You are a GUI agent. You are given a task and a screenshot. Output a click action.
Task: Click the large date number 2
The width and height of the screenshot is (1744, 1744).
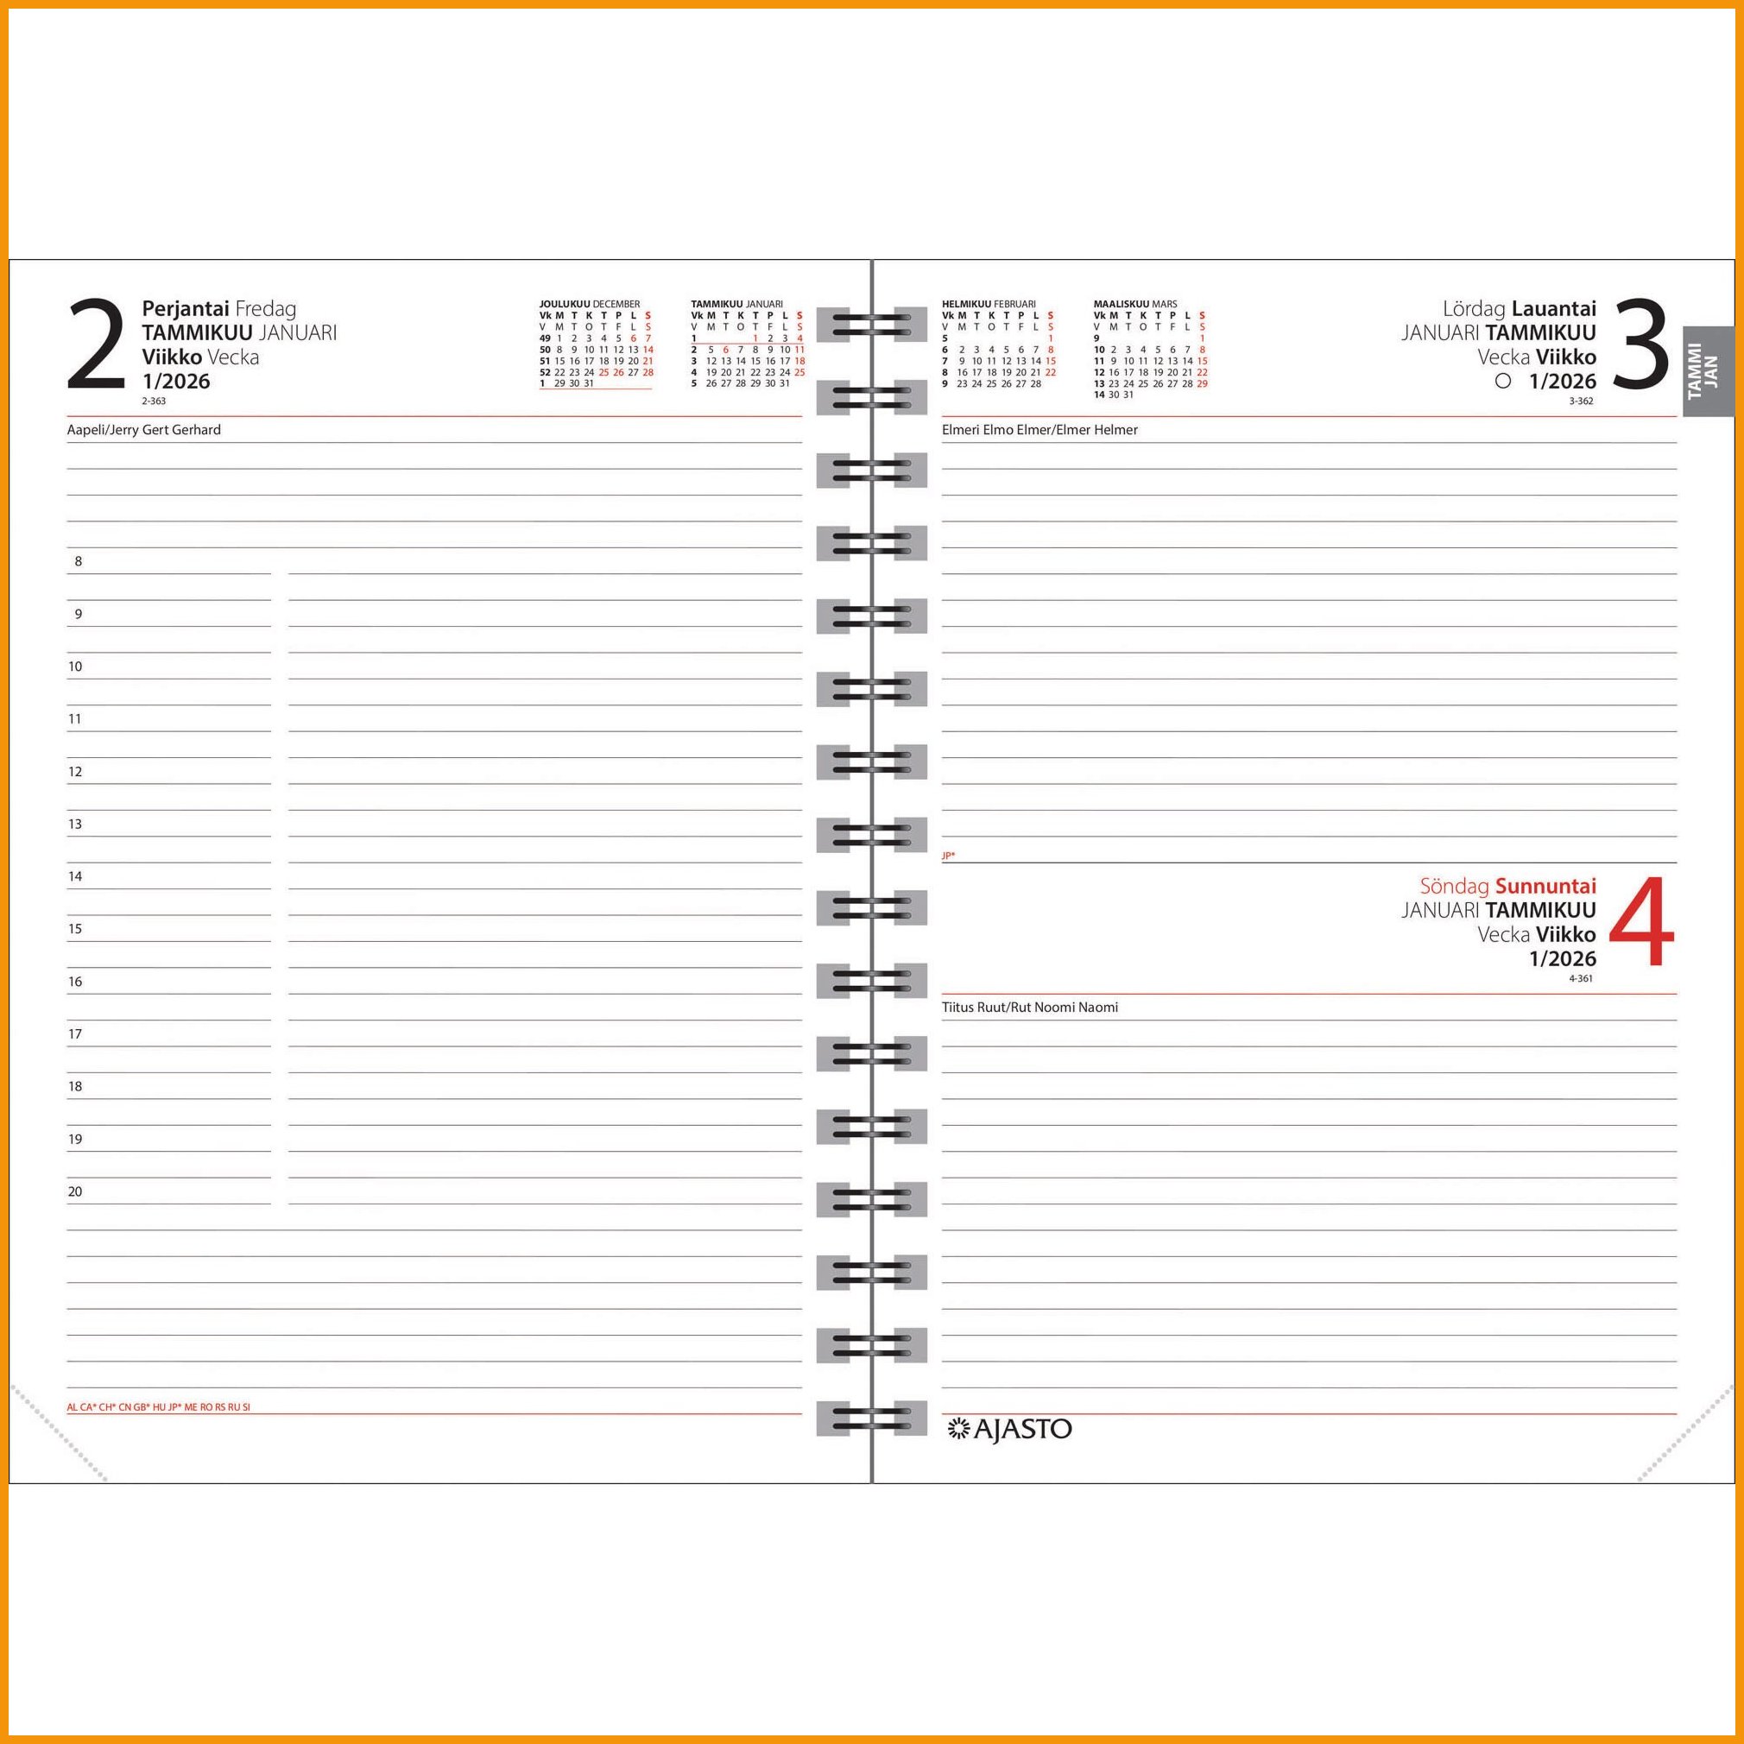(x=97, y=344)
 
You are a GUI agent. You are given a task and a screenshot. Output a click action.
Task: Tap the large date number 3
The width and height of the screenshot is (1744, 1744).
(x=1640, y=344)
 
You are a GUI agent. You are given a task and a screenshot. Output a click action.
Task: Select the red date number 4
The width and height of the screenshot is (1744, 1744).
(x=1642, y=923)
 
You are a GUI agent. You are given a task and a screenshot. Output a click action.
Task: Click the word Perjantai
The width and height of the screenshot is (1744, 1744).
(x=185, y=310)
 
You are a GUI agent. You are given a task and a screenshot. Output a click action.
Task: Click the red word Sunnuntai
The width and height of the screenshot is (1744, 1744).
(x=1545, y=886)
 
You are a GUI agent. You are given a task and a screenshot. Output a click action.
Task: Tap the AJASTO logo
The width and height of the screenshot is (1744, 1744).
(x=1008, y=1429)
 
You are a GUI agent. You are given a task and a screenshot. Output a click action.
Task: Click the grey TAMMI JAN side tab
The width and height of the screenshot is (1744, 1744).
(x=1708, y=370)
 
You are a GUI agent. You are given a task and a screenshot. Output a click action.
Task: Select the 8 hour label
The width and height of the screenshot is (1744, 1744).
(x=79, y=561)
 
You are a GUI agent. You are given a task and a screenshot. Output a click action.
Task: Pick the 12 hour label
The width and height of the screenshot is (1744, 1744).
(x=75, y=772)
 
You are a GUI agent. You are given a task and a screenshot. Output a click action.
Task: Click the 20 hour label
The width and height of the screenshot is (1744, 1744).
(x=75, y=1191)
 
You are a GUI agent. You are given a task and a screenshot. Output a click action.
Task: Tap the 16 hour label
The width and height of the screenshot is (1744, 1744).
(x=75, y=982)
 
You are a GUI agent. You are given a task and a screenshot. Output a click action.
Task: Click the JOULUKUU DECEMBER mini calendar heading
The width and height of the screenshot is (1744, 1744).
(x=590, y=304)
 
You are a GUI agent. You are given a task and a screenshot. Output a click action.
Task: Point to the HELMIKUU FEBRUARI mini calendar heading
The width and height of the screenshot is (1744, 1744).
(x=989, y=304)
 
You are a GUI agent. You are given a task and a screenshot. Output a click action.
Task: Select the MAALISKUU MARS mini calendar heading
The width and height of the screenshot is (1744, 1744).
(x=1135, y=304)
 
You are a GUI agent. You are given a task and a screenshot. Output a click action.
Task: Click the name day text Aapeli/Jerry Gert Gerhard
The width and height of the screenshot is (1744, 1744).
(x=143, y=430)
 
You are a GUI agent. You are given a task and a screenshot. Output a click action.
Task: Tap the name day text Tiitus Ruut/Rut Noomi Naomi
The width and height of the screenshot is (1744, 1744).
(x=1030, y=1008)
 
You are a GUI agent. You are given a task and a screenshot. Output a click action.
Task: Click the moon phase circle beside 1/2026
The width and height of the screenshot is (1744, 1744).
(x=1503, y=381)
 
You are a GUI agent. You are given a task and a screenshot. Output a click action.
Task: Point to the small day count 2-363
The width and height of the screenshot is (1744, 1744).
(x=154, y=401)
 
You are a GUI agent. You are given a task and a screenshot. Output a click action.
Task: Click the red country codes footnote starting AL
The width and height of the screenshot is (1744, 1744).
(x=158, y=1407)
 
